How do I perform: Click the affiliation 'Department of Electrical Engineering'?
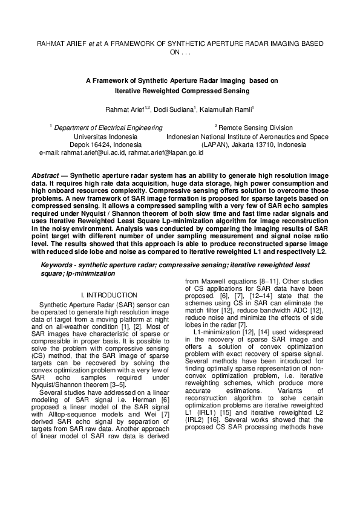[108, 128]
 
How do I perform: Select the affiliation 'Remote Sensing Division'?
[255, 128]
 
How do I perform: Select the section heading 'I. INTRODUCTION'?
[108, 294]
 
